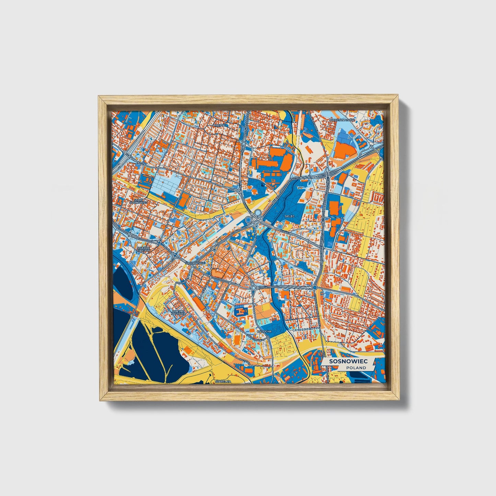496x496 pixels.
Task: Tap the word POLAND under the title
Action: pos(356,368)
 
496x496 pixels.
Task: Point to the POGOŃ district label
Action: pos(219,125)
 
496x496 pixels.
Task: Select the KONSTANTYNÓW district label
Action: pos(342,120)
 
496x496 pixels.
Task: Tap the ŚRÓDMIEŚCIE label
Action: pos(195,263)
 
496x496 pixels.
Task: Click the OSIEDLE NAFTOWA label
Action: pos(178,312)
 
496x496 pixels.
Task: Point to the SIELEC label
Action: pos(290,216)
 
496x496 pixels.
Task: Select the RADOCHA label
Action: pos(264,331)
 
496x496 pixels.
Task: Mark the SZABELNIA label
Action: pos(223,381)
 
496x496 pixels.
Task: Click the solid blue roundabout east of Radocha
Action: pos(315,287)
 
